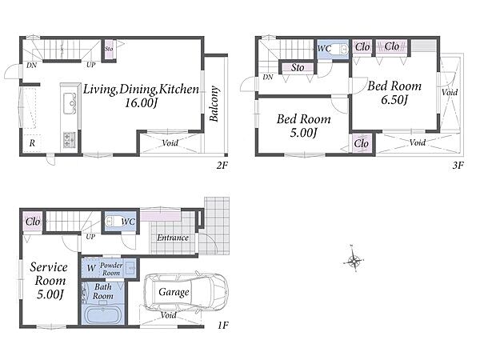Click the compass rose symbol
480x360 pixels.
click(354, 261)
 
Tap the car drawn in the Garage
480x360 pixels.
click(186, 292)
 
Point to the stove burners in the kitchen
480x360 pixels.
click(69, 140)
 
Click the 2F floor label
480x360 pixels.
click(222, 166)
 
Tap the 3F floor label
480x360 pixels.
click(458, 166)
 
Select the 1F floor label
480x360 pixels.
click(223, 325)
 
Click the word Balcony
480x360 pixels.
click(214, 103)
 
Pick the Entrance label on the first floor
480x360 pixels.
click(173, 238)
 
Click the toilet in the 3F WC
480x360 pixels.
click(340, 49)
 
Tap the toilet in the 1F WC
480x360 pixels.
click(112, 221)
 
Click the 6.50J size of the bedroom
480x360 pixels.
click(394, 99)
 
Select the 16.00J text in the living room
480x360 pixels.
click(141, 103)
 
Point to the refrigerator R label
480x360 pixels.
click(32, 143)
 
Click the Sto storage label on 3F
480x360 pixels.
click(298, 68)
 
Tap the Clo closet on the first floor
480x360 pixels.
click(33, 222)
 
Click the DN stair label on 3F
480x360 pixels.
click(267, 77)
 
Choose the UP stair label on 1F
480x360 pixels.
click(90, 237)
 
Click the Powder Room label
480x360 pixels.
click(111, 269)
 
